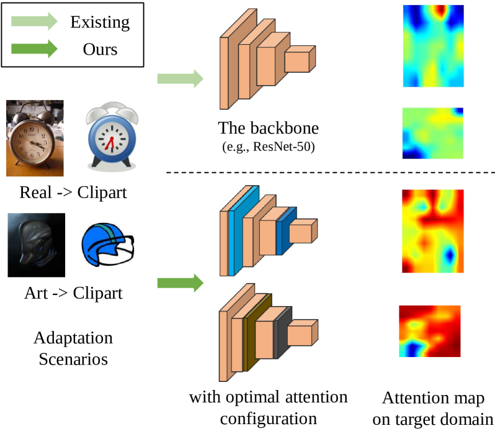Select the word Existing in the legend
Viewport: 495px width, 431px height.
click(100, 23)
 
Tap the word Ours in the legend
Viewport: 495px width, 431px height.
click(100, 48)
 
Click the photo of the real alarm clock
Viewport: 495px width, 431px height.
click(35, 138)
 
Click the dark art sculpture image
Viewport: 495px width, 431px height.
click(36, 244)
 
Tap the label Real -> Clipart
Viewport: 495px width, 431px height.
click(73, 192)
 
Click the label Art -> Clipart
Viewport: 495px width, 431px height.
click(73, 291)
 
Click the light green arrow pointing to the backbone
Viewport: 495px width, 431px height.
click(180, 78)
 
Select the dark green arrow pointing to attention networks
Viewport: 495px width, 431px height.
click(180, 284)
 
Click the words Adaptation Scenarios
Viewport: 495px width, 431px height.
click(73, 348)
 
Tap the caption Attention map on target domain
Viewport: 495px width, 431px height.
click(433, 408)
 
